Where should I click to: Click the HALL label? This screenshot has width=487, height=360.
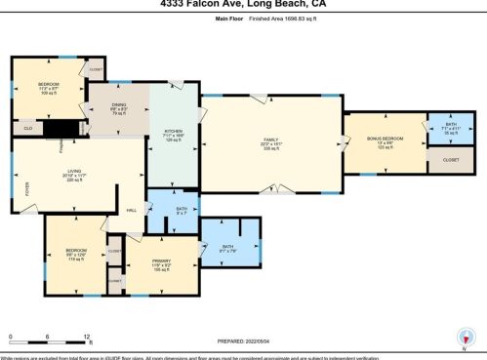coord(131,209)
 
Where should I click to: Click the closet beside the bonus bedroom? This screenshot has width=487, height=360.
coord(450,158)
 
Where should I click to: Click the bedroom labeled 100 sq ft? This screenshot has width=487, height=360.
coord(48,89)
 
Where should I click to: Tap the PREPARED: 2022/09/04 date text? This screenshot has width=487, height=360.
coord(243,340)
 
